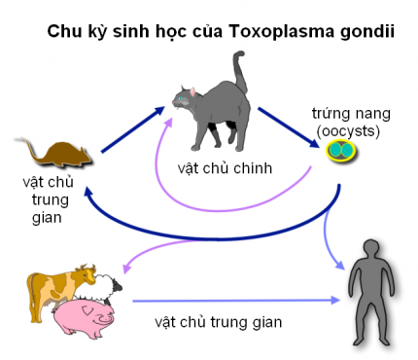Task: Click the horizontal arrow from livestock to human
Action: tap(233, 301)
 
